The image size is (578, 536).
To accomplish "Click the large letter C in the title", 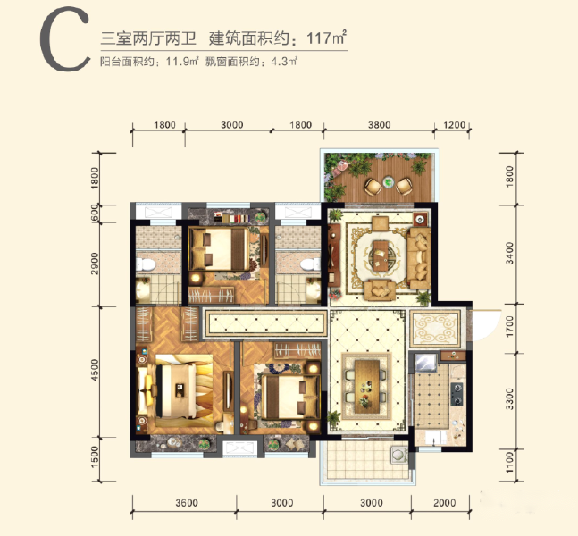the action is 65,39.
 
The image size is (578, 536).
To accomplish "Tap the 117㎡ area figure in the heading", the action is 327,38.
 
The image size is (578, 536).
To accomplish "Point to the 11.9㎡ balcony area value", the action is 182,62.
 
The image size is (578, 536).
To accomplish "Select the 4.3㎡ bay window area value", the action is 284,62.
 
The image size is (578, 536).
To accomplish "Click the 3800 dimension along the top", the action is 379,125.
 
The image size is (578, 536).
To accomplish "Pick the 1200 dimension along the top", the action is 454,125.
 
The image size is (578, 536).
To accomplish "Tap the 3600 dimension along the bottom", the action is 187,503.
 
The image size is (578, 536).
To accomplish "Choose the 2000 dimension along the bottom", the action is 445,503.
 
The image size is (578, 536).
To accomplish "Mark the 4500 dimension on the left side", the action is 95,370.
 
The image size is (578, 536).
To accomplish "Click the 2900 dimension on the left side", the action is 95,264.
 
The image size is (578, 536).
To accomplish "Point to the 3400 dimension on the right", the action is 509,253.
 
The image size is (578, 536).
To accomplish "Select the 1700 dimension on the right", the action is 509,326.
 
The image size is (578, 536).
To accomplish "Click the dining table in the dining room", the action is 367,386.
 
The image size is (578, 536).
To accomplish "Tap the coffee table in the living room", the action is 381,255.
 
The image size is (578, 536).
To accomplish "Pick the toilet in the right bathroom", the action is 310,264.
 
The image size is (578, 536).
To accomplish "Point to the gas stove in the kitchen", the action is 457,394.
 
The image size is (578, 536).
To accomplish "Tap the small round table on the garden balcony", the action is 388,182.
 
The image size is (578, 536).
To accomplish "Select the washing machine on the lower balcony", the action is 398,454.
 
